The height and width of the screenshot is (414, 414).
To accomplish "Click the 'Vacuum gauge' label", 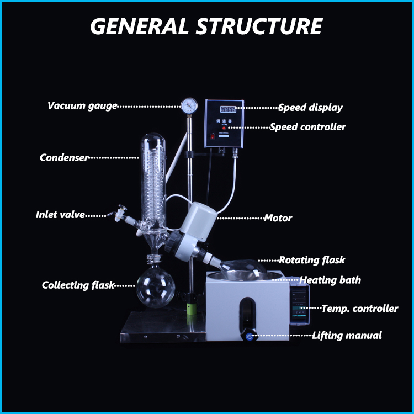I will (x=82, y=106).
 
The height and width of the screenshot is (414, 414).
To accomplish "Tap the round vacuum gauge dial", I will (x=189, y=105).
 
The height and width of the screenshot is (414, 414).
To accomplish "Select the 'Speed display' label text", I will (x=310, y=108).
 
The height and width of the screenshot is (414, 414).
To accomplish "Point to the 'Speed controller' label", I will (x=307, y=127).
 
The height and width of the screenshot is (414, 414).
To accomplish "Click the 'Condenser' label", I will (x=64, y=158).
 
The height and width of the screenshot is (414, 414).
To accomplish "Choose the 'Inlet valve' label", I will (x=60, y=215).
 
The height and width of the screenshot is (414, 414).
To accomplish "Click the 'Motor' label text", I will (x=278, y=218).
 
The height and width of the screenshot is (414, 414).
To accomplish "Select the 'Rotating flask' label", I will (x=312, y=260).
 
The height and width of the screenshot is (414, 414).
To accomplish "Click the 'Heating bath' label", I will (x=330, y=280).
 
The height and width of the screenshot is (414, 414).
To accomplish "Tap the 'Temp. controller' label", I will (x=359, y=309).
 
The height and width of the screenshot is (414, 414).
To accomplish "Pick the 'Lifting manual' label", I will (x=347, y=335).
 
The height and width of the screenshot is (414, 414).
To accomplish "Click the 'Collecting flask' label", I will (x=78, y=285).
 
